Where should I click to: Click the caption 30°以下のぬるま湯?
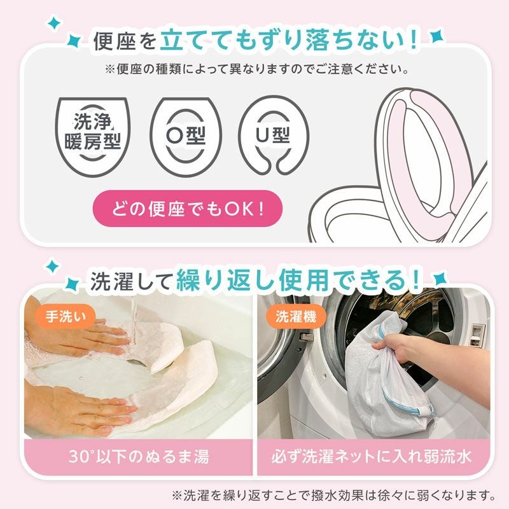[x=138, y=456]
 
